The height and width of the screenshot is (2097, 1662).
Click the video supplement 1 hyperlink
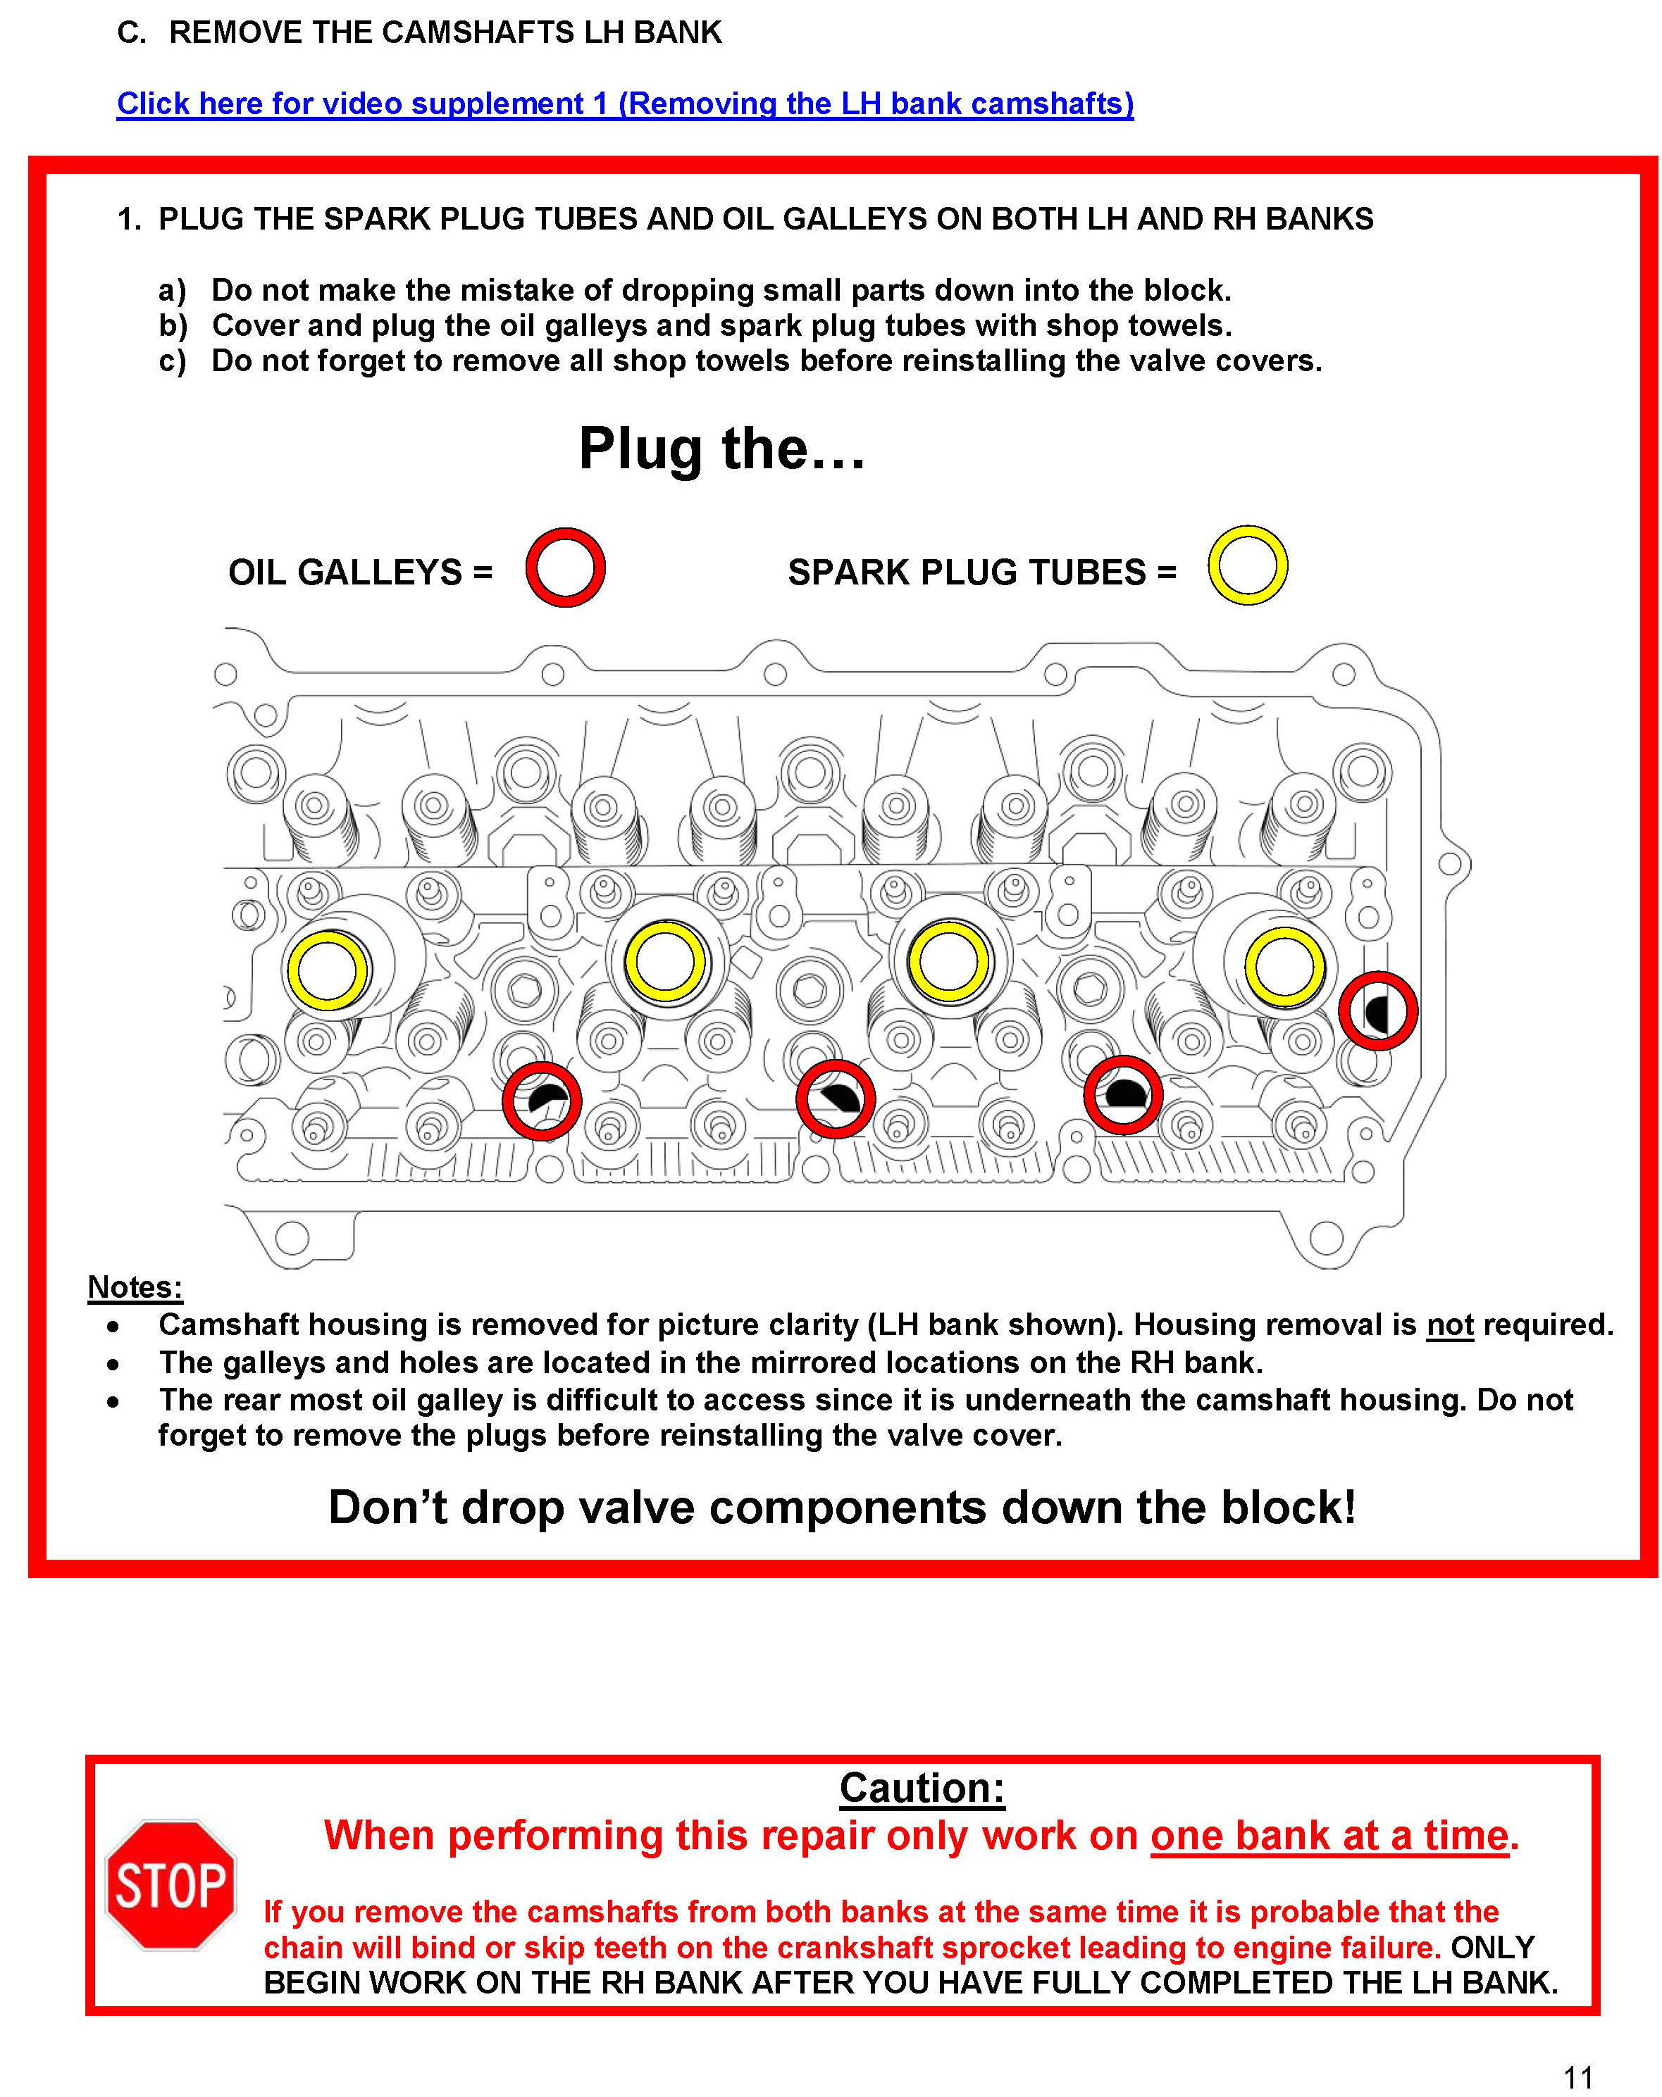pyautogui.click(x=625, y=104)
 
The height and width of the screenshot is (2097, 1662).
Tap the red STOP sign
pyautogui.click(x=170, y=1885)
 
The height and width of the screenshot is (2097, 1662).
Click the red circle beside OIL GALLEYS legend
pyautogui.click(x=565, y=568)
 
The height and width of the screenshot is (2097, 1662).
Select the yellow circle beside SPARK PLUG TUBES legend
pyautogui.click(x=1248, y=566)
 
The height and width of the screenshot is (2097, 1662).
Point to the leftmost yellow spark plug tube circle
pyautogui.click(x=328, y=970)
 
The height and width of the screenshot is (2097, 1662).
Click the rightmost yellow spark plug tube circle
pyautogui.click(x=1284, y=967)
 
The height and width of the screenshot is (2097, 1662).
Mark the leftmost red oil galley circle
pyautogui.click(x=542, y=1100)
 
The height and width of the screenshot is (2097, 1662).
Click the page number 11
pyautogui.click(x=1578, y=2077)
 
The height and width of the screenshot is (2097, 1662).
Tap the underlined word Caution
pyautogui.click(x=922, y=1788)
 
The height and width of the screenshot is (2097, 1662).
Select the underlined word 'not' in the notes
pyautogui.click(x=1450, y=1325)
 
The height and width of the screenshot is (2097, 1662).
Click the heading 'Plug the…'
pyautogui.click(x=721, y=449)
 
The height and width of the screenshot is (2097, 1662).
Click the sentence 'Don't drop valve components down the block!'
pyautogui.click(x=842, y=1508)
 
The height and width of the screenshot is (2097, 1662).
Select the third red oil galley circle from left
pyautogui.click(x=1123, y=1094)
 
